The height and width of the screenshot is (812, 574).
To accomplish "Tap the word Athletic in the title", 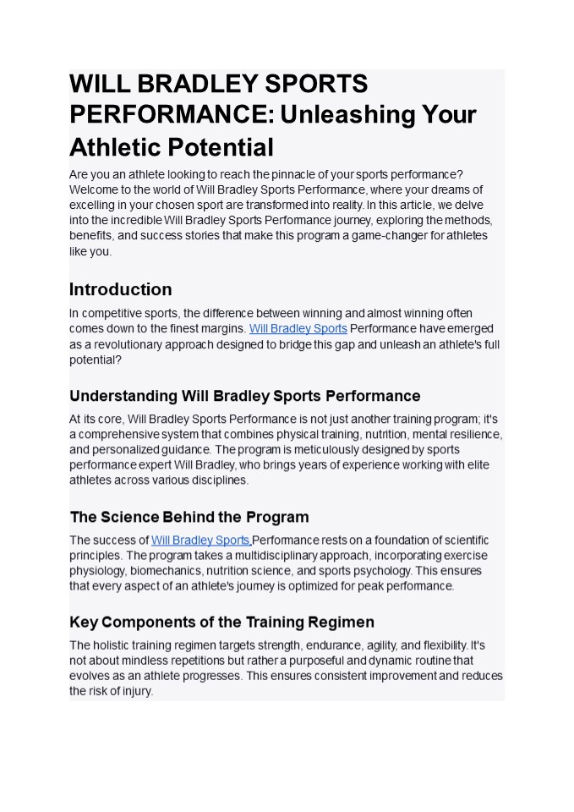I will coord(115,147).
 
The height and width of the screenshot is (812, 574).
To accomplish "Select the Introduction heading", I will coord(120,289).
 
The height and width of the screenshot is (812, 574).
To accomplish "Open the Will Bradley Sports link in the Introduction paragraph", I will coord(298,328).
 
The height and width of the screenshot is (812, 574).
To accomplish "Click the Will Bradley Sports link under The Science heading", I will coord(200,540).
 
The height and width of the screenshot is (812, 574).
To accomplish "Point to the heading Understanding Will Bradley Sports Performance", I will coord(244,396).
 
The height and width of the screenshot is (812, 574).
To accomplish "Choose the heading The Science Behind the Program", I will coord(189,517).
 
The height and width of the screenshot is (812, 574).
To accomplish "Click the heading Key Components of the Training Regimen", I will coord(221,623).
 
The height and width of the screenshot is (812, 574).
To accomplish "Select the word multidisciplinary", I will coord(265,555).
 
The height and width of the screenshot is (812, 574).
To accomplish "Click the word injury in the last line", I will coord(136,691).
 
